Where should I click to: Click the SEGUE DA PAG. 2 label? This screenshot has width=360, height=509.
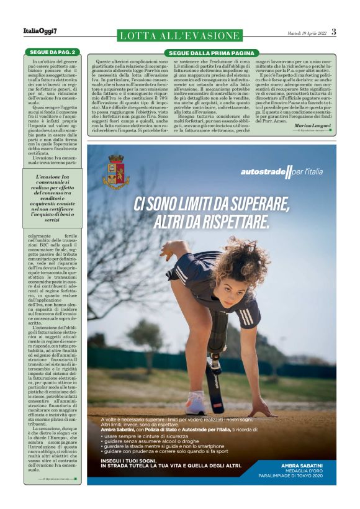pyautogui.click(x=53, y=52)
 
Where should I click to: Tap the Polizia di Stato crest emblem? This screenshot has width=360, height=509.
pyautogui.click(x=116, y=172)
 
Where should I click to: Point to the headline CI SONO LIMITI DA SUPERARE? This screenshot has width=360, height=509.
pyautogui.click(x=212, y=202)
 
